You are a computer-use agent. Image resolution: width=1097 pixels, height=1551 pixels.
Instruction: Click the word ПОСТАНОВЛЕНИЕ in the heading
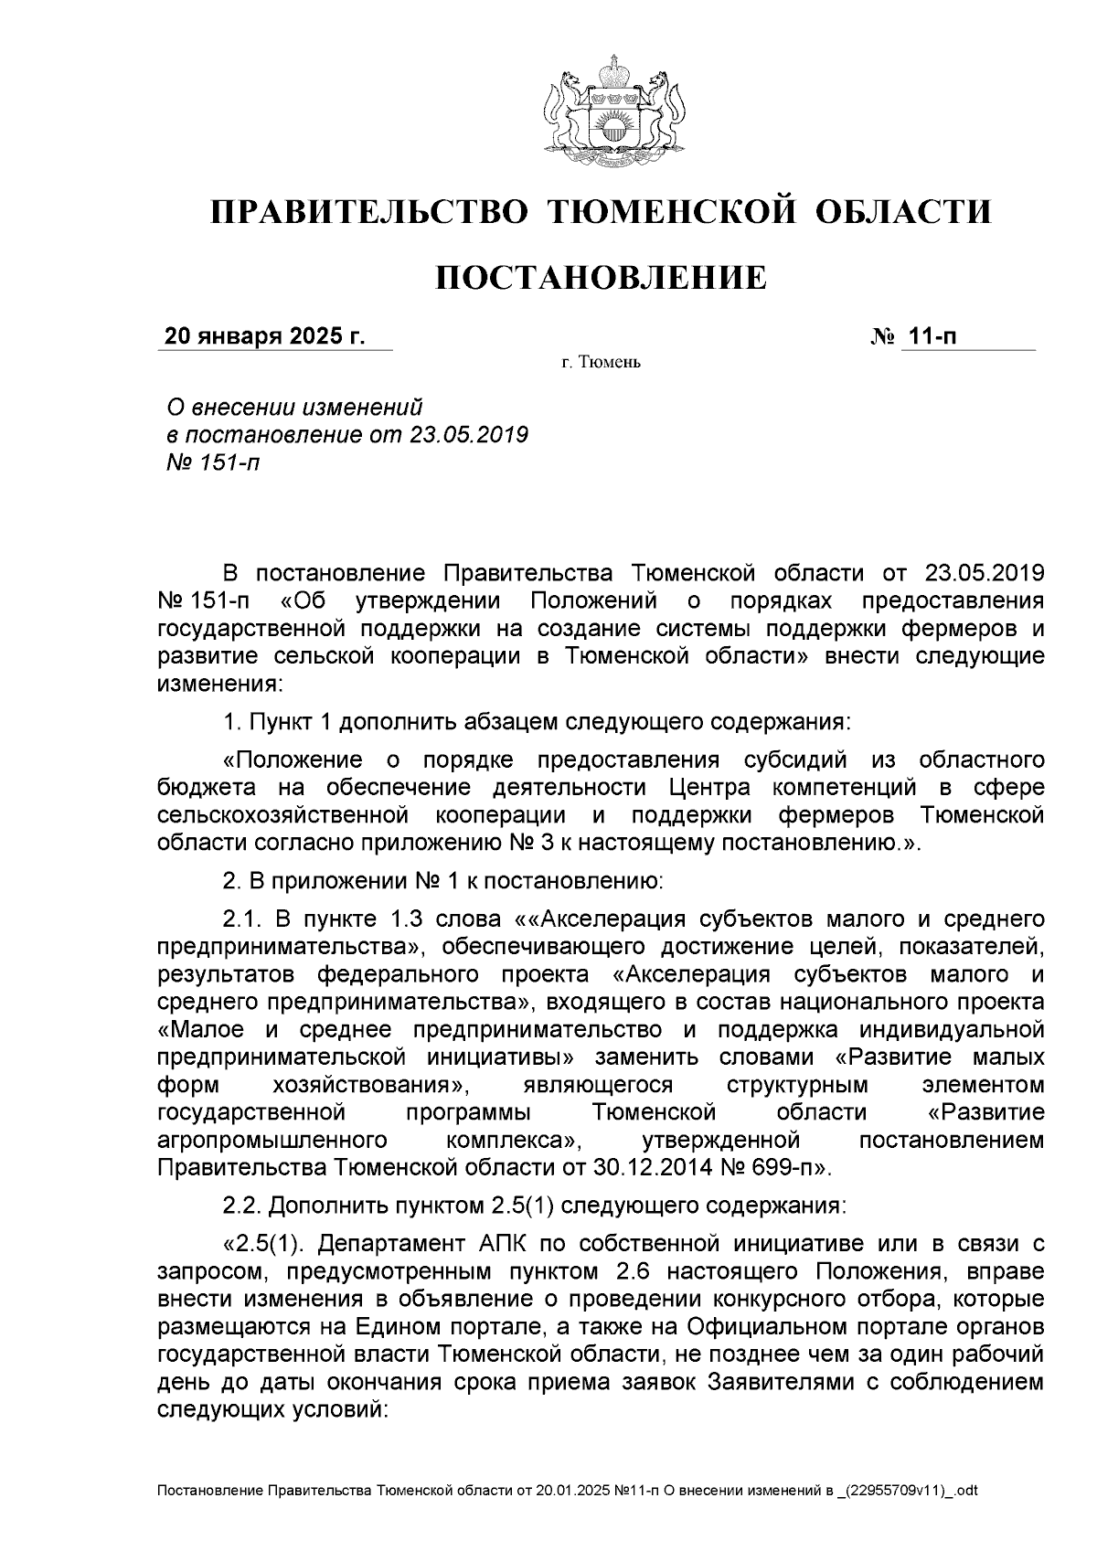pyautogui.click(x=600, y=277)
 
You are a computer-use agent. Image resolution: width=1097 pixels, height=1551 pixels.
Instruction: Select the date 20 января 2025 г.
pyautogui.click(x=263, y=336)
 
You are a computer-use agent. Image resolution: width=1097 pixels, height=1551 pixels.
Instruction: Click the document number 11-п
pyautogui.click(x=932, y=336)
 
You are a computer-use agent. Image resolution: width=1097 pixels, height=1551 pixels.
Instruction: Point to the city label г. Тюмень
pyautogui.click(x=601, y=364)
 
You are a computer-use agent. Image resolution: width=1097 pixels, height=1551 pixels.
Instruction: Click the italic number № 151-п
pyautogui.click(x=211, y=462)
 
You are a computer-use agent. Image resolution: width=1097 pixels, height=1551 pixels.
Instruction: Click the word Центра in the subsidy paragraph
pyautogui.click(x=709, y=788)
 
